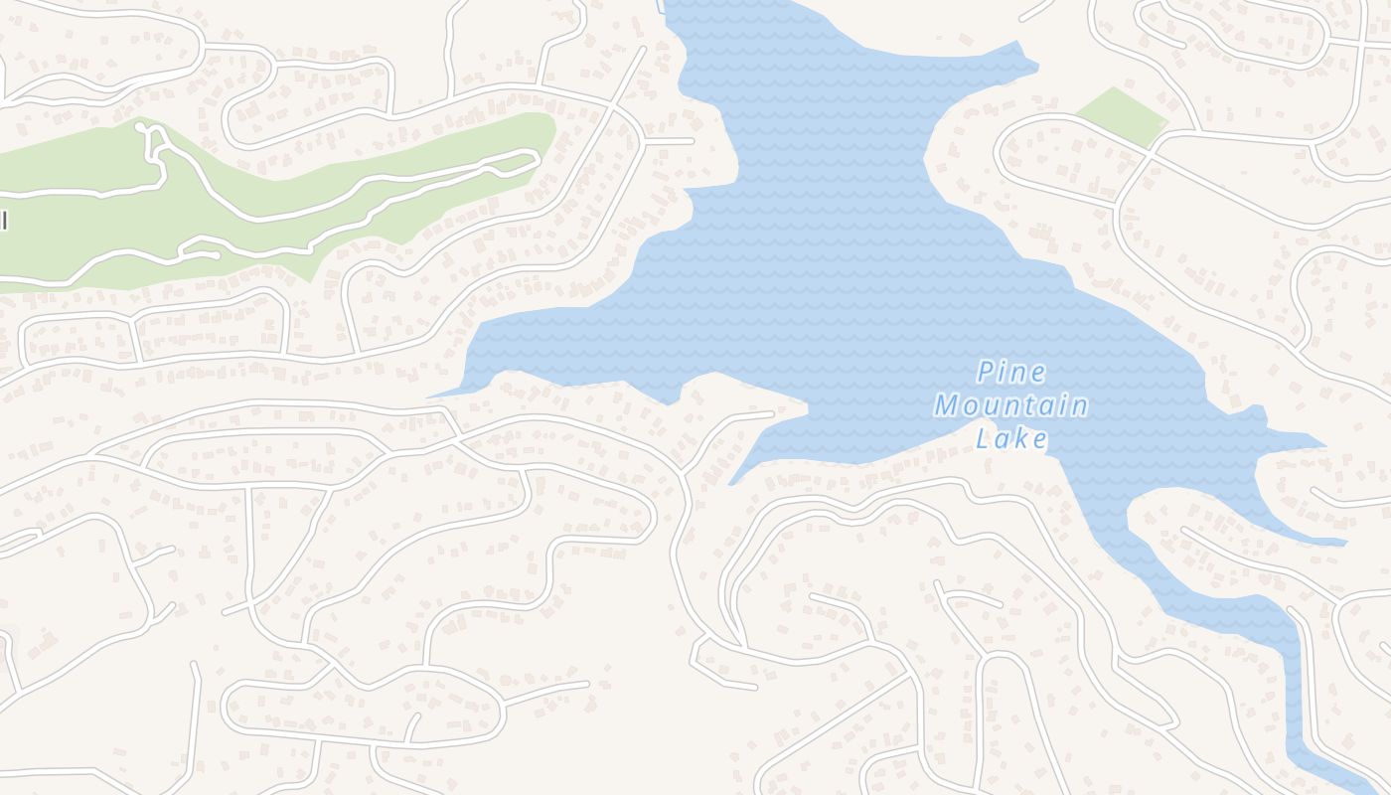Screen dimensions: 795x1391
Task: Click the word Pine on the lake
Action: (x=1011, y=373)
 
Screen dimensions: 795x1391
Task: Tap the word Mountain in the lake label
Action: (x=1010, y=405)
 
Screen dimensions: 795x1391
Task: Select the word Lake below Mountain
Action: (x=1011, y=438)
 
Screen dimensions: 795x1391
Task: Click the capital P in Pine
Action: (x=986, y=373)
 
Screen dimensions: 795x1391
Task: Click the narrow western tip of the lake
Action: (x=432, y=397)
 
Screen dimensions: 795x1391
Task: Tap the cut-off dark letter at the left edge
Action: (x=3, y=220)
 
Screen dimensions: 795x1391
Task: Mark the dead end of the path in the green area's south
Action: (x=216, y=255)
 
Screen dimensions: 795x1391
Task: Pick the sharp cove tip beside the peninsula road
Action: (x=731, y=484)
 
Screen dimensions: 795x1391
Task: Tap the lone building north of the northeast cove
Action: (x=966, y=39)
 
